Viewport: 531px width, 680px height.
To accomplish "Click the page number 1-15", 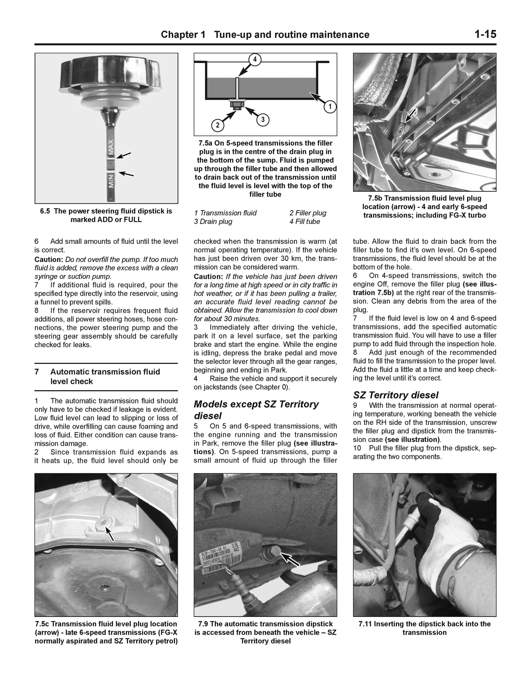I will point(485,34).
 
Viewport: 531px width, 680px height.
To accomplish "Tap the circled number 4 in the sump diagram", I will point(255,60).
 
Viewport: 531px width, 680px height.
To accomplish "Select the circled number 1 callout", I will point(330,107).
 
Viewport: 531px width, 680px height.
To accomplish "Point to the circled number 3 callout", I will point(263,120).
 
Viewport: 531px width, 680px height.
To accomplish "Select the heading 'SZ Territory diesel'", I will point(396,395).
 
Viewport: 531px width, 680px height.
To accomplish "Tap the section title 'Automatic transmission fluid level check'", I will point(105,377).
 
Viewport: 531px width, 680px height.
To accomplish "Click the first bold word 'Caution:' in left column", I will point(49,259).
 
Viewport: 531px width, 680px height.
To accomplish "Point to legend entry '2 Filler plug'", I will point(308,213).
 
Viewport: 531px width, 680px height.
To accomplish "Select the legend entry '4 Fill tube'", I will point(304,221).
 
